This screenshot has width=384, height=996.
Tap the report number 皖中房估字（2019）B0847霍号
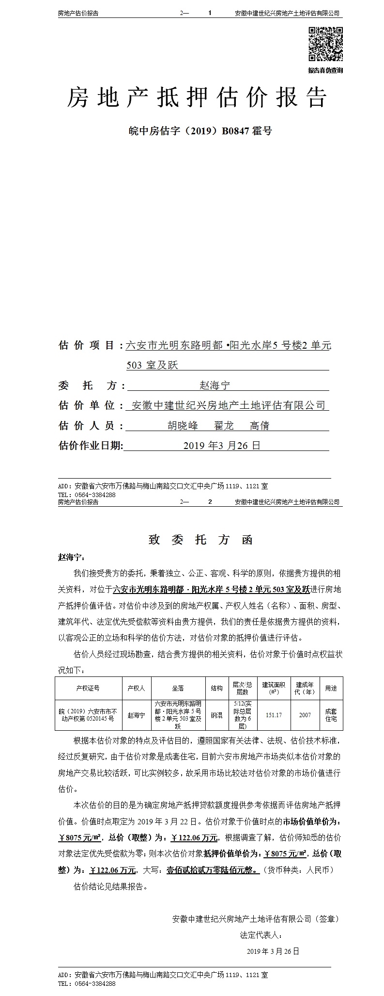[x=200, y=130]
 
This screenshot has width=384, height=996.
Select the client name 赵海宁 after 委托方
[x=215, y=386]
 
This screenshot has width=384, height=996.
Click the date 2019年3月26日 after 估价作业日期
[x=222, y=446]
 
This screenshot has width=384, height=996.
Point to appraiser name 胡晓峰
[x=183, y=426]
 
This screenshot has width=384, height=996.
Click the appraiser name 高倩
[x=260, y=426]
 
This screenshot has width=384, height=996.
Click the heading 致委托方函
[x=200, y=540]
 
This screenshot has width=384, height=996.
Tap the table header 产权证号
[x=88, y=688]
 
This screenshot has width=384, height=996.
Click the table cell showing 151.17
[x=274, y=715]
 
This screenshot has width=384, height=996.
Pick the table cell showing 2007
[x=305, y=715]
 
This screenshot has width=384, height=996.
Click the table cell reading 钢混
[x=216, y=715]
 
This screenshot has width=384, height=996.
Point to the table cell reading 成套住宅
[x=331, y=715]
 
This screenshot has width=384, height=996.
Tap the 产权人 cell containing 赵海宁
[x=137, y=715]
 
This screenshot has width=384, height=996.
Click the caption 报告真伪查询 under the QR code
[x=325, y=70]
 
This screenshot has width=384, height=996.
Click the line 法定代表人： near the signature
[x=261, y=934]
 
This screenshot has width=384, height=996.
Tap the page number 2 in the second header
[x=210, y=502]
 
